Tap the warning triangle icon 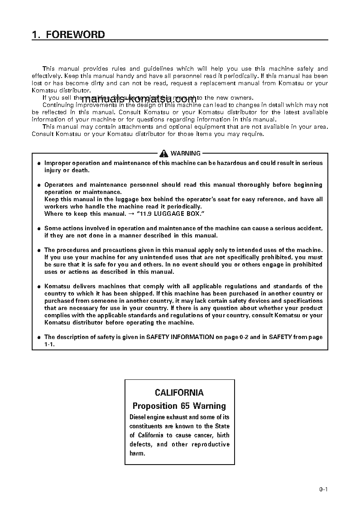pyautogui.click(x=163, y=154)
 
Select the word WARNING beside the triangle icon pyautogui.click(x=185, y=154)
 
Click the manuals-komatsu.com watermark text pyautogui.click(x=139, y=99)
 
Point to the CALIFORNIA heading pyautogui.click(x=179, y=393)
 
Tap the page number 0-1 pyautogui.click(x=323, y=489)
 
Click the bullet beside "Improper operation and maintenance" pyautogui.click(x=39, y=163)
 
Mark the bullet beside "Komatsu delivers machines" pyautogui.click(x=39, y=286)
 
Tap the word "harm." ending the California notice pyautogui.click(x=137, y=453)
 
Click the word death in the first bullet pyautogui.click(x=81, y=170)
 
